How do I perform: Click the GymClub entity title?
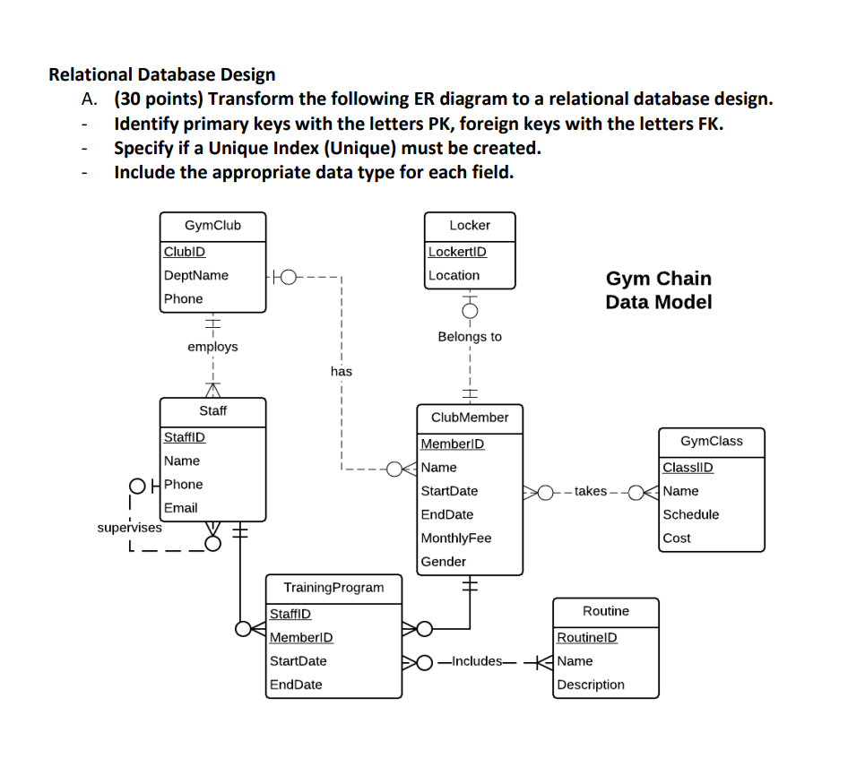212,225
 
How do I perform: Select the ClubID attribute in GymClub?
184,252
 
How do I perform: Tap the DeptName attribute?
195,275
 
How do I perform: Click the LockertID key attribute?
457,252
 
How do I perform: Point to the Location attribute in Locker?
454,275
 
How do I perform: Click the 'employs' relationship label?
212,347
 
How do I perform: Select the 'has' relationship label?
341,371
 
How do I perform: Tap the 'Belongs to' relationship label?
470,337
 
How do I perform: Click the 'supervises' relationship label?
130,527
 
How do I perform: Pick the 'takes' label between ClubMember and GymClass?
591,491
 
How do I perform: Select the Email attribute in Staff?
180,507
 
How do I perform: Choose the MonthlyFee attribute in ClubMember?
456,538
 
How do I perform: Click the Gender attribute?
444,562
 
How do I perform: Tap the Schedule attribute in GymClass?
690,514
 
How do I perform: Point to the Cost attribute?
677,538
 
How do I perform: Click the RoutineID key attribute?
587,637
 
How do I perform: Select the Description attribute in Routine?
591,685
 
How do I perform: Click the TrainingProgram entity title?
333,588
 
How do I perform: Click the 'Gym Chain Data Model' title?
658,290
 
